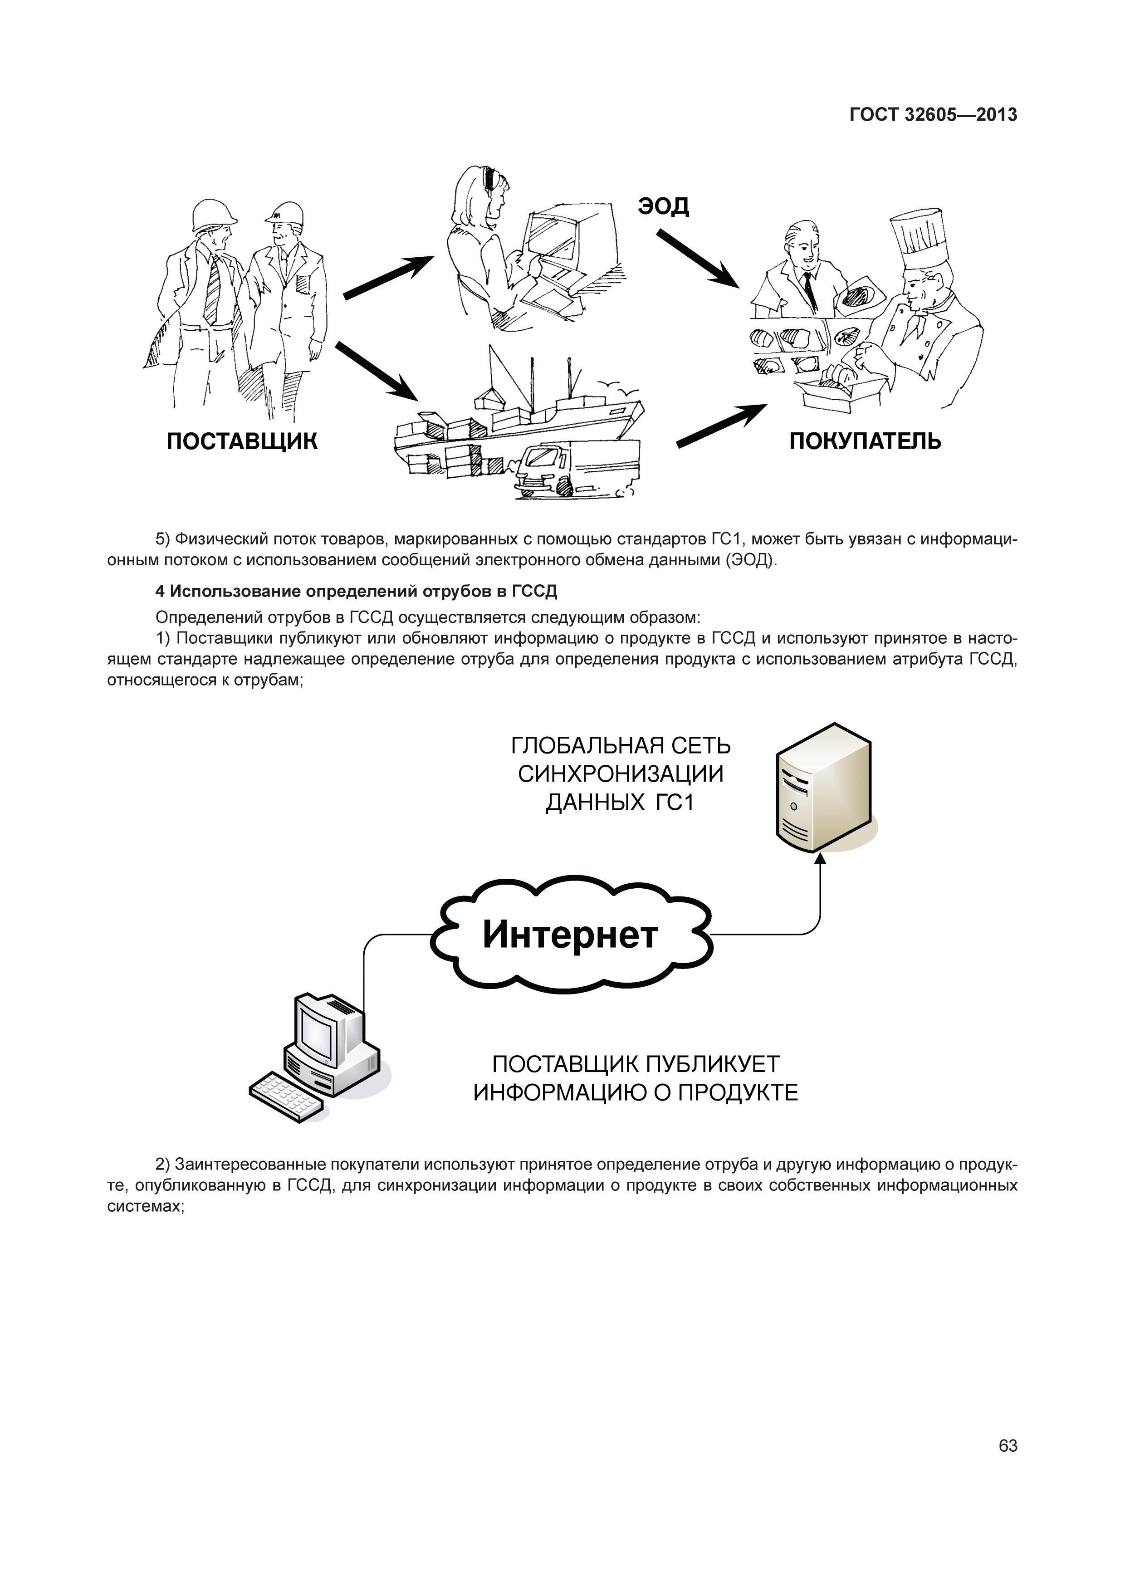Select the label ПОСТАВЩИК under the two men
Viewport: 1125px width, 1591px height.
[242, 441]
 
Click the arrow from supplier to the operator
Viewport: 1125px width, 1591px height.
[388, 277]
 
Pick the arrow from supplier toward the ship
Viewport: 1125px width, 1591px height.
[377, 372]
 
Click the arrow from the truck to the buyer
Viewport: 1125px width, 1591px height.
[720, 426]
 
